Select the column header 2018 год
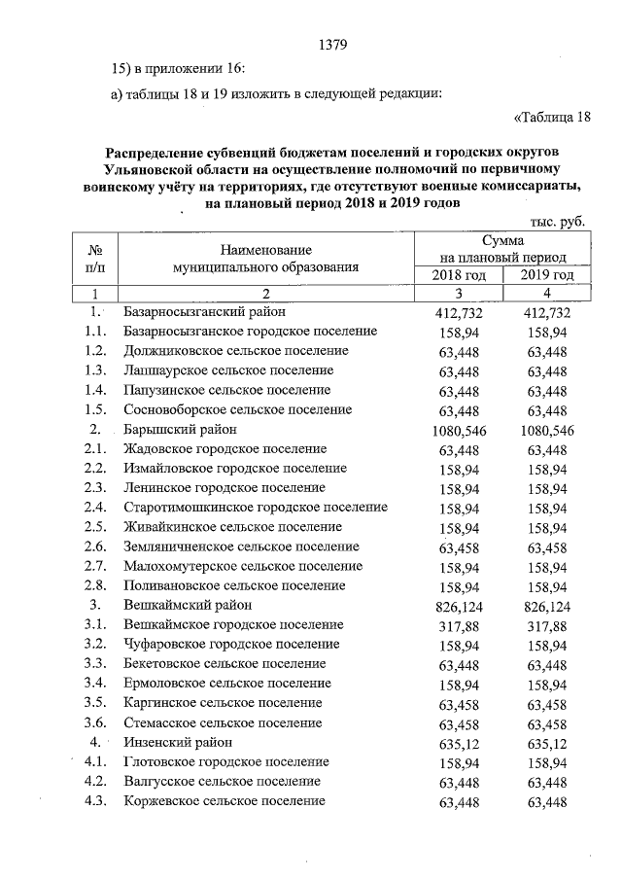pyautogui.click(x=459, y=275)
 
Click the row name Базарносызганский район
pyautogui.click(x=205, y=312)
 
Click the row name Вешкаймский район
pyautogui.click(x=188, y=605)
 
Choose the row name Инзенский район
pyautogui.click(x=184, y=742)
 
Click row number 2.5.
pyautogui.click(x=94, y=527)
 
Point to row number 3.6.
pyautogui.click(x=94, y=722)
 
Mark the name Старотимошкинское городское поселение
pyautogui.click(x=256, y=508)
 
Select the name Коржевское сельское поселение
pyautogui.click(x=225, y=800)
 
